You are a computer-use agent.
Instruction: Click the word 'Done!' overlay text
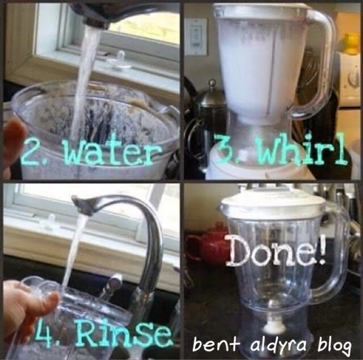277,252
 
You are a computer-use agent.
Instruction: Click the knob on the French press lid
212,82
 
